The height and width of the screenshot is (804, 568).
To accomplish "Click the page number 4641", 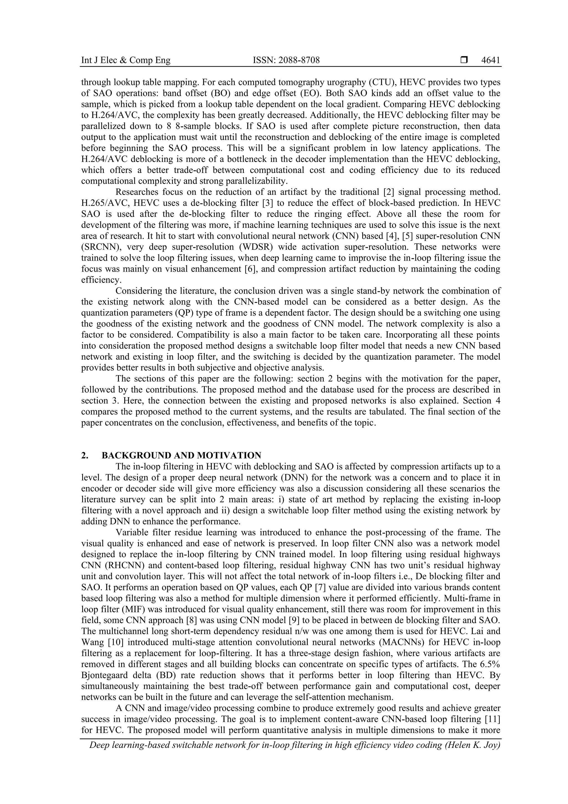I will (491, 60).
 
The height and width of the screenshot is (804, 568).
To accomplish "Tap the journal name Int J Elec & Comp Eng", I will (126, 60).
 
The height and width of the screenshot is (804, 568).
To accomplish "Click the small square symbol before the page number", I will (464, 60).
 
